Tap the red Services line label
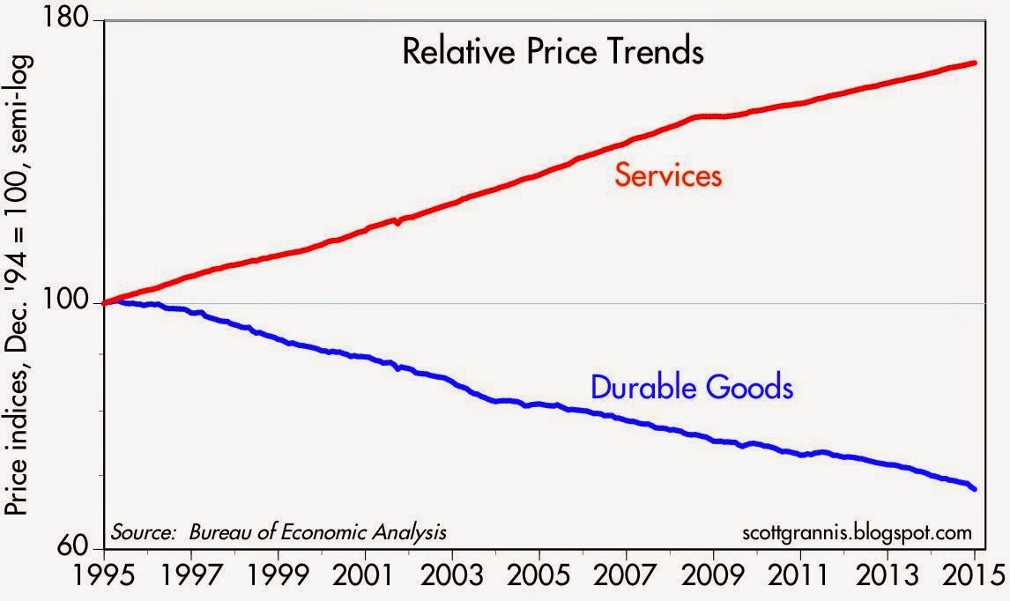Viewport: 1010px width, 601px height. pos(668,176)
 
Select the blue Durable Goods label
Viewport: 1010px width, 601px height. pos(692,387)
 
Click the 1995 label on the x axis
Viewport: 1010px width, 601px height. pos(104,581)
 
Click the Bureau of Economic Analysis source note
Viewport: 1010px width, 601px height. pos(278,532)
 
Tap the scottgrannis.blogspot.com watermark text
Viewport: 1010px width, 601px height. pos(858,532)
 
